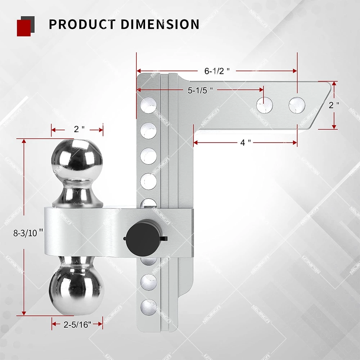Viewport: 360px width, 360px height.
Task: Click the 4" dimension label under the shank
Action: click(x=246, y=143)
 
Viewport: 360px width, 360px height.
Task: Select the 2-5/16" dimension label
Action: click(x=77, y=324)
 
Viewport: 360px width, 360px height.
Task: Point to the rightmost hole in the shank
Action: click(x=297, y=105)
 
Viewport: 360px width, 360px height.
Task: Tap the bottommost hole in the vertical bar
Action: click(x=148, y=307)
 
